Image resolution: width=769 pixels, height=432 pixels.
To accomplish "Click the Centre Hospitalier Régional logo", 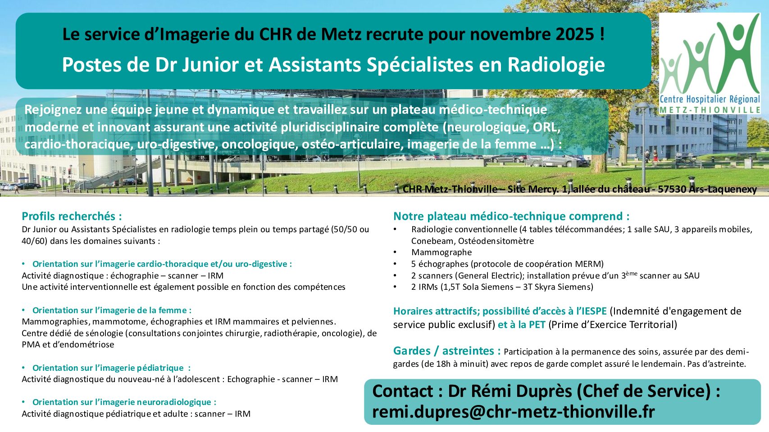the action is coord(710,63).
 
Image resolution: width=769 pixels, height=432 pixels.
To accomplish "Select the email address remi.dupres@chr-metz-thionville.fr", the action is coord(514,412).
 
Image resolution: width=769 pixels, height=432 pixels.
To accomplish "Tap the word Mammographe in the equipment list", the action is coord(441,252).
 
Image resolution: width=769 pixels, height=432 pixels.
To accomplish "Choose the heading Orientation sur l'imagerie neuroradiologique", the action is coord(124,402).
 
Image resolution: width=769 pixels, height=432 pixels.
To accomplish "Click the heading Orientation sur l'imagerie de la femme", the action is coord(112,310).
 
